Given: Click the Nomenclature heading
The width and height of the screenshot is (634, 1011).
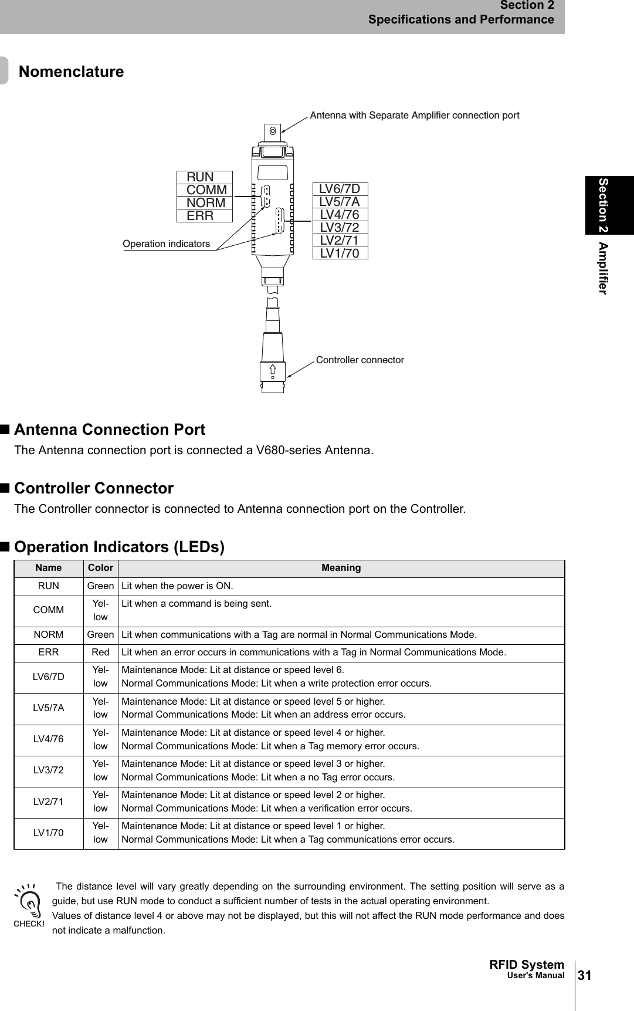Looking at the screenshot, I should point(72,72).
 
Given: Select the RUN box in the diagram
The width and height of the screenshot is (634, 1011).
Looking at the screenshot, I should point(205,177).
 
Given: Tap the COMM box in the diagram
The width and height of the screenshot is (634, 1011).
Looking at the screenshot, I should point(205,190).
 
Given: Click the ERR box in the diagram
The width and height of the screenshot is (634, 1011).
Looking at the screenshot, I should point(205,215).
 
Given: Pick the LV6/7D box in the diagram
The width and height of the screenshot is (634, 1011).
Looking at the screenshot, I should point(340,189).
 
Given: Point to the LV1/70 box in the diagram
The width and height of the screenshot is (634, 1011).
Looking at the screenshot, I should point(340,253).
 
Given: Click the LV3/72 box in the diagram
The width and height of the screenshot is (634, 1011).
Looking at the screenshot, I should point(340,227).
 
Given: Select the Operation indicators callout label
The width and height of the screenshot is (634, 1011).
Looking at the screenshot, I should point(166,244).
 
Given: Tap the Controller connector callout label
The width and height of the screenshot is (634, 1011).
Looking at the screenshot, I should point(360,360).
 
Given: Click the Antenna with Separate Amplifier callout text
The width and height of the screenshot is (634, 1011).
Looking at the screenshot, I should point(414,115).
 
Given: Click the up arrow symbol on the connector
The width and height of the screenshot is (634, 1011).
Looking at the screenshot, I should point(273,369).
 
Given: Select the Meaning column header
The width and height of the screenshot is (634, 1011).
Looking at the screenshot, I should point(341,568).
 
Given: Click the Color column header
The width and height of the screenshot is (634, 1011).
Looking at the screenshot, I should point(100,568).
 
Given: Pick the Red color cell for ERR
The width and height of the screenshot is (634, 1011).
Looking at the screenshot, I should point(100,652).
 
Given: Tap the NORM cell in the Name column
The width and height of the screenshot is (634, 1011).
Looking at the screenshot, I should point(48,635).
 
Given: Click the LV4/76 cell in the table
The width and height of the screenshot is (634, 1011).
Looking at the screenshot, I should point(48,739).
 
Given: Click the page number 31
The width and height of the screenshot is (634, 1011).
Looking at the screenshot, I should point(585,976).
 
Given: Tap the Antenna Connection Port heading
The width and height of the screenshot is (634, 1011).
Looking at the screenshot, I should point(110,430).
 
